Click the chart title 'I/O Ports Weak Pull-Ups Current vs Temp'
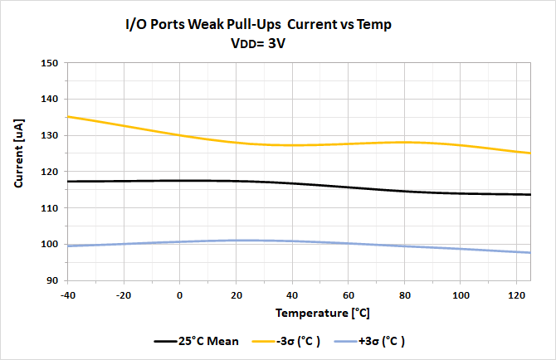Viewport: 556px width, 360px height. coord(257,25)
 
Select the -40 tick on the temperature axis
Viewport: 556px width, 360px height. coord(68,294)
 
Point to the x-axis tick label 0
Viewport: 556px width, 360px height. coord(180,294)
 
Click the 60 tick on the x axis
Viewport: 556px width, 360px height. coord(349,294)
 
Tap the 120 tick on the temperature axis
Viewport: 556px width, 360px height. coord(516,294)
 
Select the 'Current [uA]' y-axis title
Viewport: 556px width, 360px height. coord(20,172)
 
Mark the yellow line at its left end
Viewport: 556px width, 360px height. coord(68,117)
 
